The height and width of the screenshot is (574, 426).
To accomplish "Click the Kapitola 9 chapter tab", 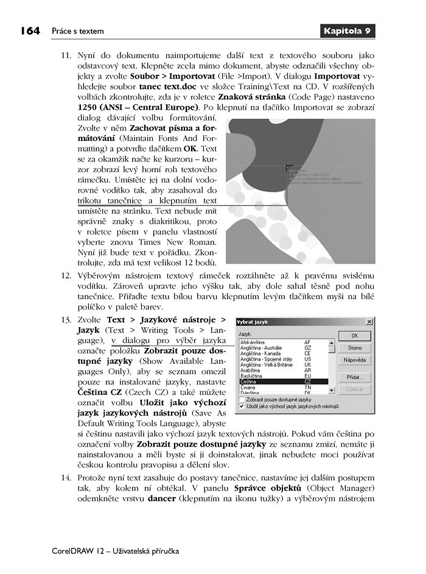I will coord(347,30).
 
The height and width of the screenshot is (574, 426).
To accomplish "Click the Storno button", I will coord(355,348).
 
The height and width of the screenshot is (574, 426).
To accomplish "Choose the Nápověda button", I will coord(355,360).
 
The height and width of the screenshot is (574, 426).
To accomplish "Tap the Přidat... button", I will coord(355,377).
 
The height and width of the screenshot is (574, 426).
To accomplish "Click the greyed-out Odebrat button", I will coord(355,389).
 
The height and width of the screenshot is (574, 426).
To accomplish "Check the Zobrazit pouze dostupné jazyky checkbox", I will coord(242,400).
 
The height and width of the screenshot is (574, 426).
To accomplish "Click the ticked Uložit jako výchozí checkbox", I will coord(242,406).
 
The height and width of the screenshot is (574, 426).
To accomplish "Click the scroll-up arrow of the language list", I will coord(332,342).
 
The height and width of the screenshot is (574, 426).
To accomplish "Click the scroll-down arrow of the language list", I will coord(332,391).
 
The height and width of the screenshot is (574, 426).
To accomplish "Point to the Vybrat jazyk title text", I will coord(253,322).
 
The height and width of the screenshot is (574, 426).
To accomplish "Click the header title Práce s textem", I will coord(77,31).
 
